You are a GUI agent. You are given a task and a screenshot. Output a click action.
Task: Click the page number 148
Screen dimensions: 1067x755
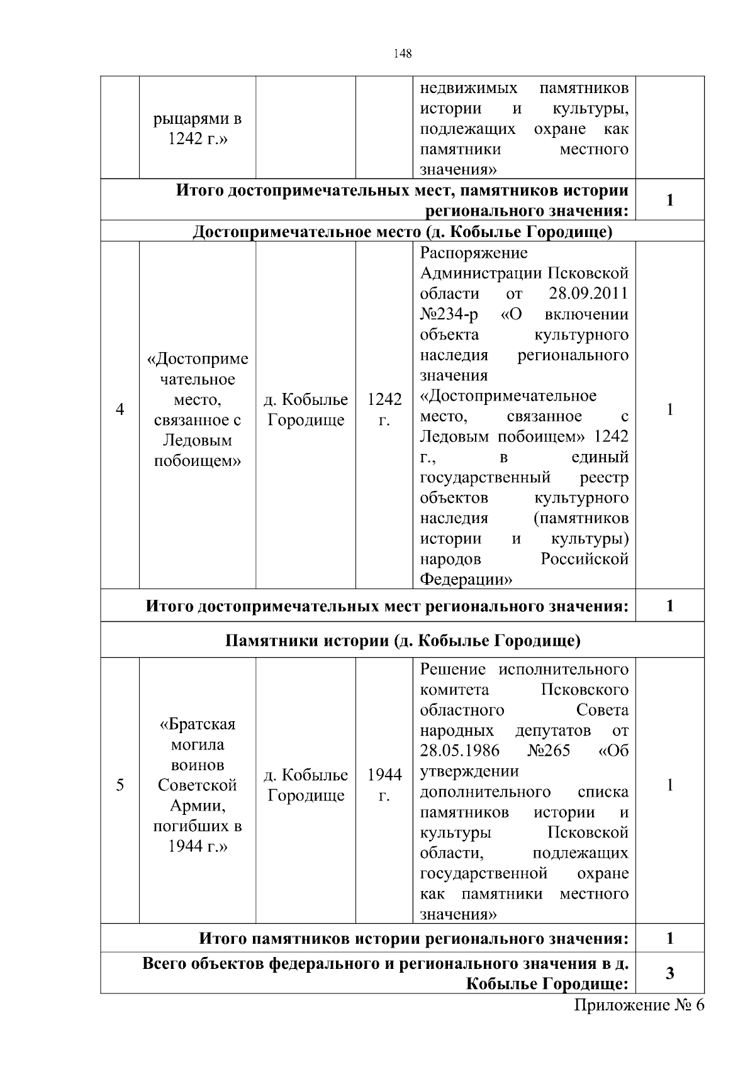402,53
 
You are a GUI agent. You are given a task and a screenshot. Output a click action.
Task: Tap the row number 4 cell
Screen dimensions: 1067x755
120,410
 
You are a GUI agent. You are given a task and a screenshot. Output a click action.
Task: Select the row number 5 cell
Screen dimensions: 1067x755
120,785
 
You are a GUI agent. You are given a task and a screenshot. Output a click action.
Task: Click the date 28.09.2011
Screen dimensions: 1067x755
588,294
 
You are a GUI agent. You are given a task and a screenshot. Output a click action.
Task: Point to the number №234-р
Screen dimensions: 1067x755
449,314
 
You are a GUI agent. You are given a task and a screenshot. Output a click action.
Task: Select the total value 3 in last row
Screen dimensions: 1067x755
669,973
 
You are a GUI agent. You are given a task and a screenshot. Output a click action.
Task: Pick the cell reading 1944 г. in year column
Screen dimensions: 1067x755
384,785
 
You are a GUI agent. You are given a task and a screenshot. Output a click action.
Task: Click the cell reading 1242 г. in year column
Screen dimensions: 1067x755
384,410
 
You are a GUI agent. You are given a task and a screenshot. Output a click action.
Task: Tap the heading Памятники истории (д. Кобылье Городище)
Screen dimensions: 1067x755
403,641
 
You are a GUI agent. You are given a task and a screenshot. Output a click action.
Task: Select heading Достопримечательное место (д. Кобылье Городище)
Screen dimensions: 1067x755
403,232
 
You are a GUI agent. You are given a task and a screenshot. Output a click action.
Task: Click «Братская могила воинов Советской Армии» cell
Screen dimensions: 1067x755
197,785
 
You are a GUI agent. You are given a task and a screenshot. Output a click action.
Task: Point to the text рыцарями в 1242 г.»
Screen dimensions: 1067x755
197,129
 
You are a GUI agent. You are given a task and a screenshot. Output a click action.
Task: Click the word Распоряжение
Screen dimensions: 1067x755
474,253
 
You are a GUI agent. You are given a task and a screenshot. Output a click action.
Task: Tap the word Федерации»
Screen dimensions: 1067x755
466,579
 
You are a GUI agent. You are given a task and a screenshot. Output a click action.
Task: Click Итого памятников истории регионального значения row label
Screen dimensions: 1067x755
413,939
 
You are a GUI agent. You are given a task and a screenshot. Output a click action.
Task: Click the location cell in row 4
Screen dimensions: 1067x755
306,410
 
